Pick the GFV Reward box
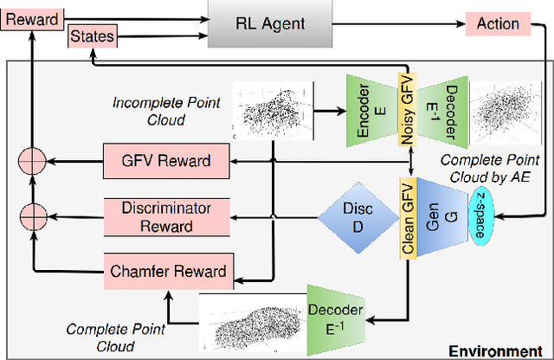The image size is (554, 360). [x=167, y=160]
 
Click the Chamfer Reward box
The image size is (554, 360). [x=167, y=271]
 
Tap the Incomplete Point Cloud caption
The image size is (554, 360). [x=166, y=111]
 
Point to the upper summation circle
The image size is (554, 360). [x=33, y=160]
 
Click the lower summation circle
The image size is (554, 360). [x=33, y=214]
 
